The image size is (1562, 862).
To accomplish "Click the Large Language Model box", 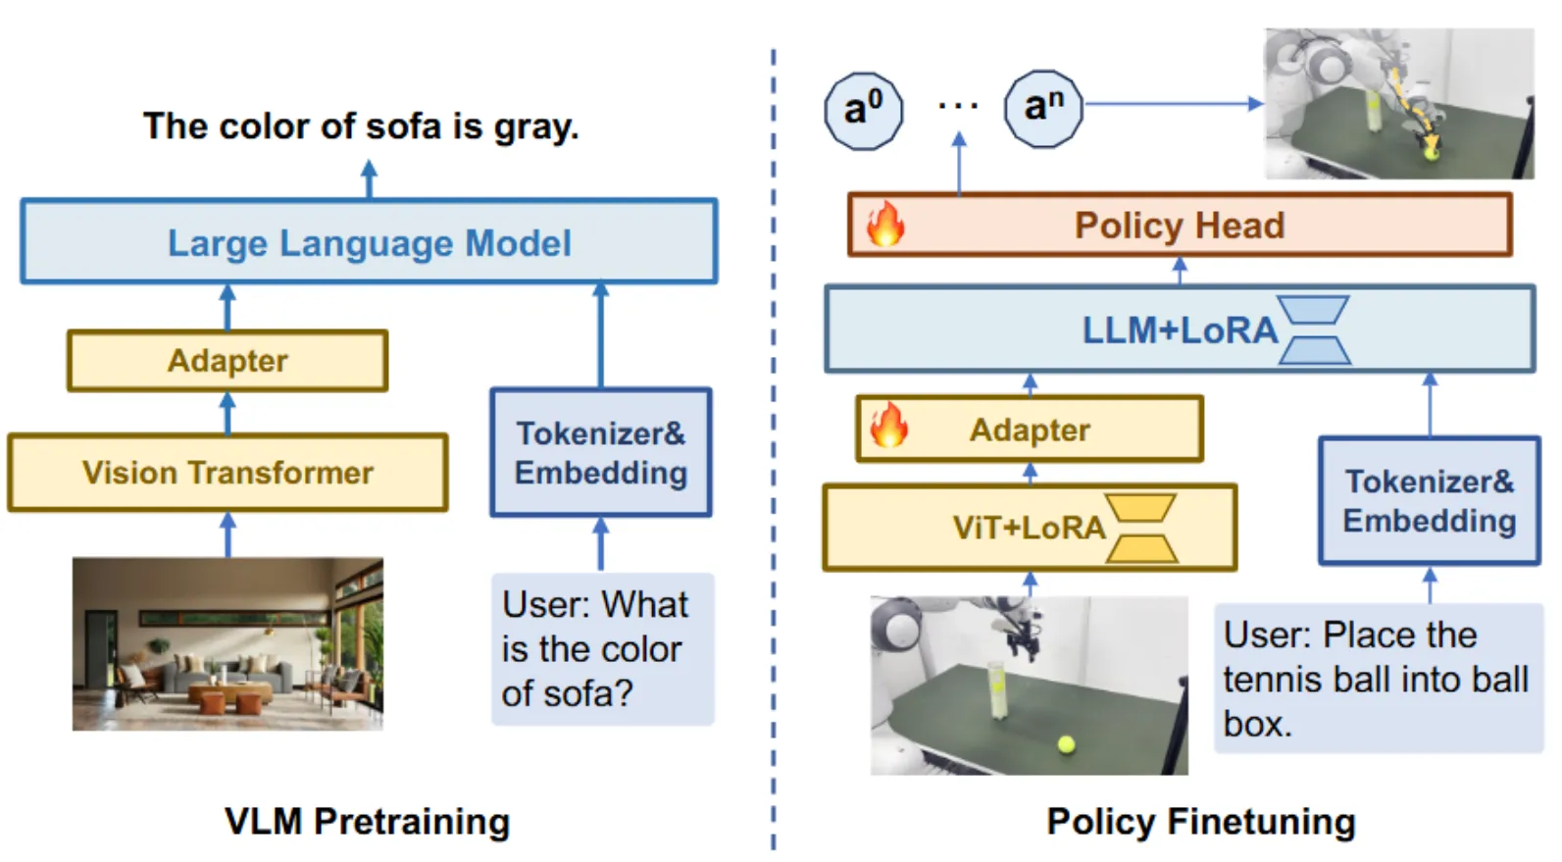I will click(x=369, y=242).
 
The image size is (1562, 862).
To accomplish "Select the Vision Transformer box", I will click(x=227, y=473).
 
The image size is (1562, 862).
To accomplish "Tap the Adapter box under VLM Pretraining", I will click(x=227, y=361).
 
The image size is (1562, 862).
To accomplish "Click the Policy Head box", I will click(x=1180, y=226).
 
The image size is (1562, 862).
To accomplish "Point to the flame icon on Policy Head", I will click(x=884, y=225).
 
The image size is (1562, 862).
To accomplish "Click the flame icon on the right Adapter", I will click(x=889, y=427).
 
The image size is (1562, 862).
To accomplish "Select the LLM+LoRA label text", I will click(x=1179, y=330).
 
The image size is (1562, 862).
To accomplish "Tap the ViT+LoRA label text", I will click(x=1028, y=528).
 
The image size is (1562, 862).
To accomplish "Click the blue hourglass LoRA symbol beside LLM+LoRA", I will click(x=1315, y=330).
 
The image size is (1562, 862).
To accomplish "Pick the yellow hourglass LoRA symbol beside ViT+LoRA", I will click(x=1141, y=528).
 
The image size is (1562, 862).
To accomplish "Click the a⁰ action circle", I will click(x=863, y=110).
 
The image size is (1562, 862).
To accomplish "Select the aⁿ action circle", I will click(x=1043, y=108).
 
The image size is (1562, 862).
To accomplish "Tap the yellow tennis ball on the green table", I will click(x=1066, y=744).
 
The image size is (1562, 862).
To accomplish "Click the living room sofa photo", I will click(x=227, y=643).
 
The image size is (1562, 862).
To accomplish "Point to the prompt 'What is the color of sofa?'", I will click(x=601, y=649).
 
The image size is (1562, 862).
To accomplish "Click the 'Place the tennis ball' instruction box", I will click(x=1377, y=679).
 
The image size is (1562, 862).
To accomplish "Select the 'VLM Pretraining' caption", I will click(x=367, y=822).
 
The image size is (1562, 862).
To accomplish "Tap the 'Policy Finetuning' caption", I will click(x=1200, y=822).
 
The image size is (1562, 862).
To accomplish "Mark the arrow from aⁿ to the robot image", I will click(x=1173, y=103).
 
